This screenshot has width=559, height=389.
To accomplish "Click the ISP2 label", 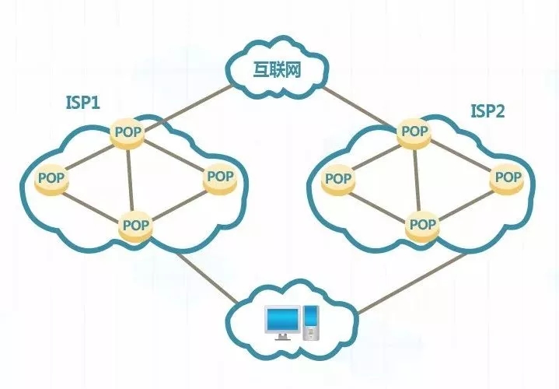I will tap(487, 111).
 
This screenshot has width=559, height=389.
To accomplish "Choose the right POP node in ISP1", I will tap(220, 177).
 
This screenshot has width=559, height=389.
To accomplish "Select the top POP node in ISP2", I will tap(413, 131).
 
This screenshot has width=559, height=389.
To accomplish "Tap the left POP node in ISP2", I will tap(338, 178).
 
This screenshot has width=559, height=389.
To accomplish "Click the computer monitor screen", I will tap(281, 317).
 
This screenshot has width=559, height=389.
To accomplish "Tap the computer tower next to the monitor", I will tap(311, 321).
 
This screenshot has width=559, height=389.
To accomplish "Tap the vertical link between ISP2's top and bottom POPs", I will tap(417, 179).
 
